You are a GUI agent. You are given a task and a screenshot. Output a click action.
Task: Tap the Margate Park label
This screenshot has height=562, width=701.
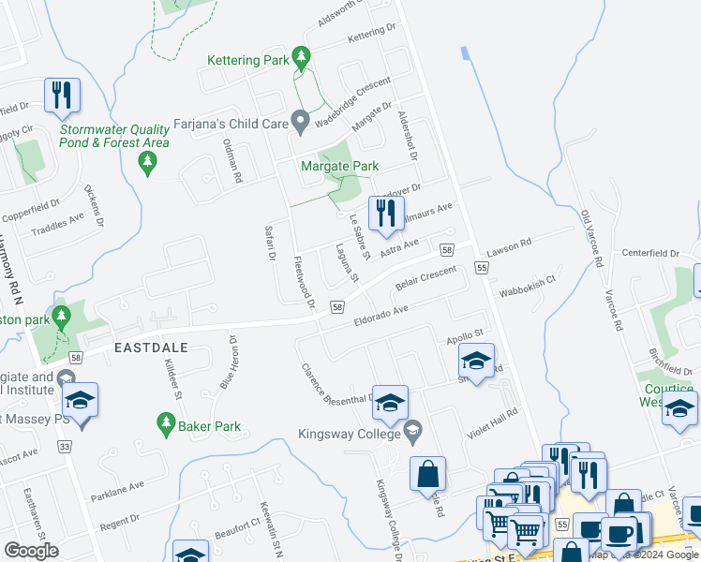click(x=339, y=167)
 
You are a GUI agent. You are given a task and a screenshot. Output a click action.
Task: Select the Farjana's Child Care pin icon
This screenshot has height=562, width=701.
click(x=300, y=123)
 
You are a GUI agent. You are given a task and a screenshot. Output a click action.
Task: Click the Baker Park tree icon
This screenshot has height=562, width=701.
click(x=164, y=426)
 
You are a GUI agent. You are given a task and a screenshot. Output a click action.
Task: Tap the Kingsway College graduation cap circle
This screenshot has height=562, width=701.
click(x=411, y=433)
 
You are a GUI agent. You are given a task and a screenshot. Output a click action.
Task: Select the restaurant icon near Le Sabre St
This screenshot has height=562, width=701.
click(x=384, y=214)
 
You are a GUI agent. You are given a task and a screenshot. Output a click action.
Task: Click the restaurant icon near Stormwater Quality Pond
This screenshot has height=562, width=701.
click(x=62, y=95)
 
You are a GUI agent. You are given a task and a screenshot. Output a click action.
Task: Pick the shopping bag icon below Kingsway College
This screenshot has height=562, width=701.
click(x=427, y=474)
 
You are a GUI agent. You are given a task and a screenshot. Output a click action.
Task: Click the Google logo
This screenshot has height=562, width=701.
click(x=31, y=550)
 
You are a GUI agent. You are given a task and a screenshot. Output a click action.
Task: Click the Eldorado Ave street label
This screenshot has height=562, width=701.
click(x=380, y=315)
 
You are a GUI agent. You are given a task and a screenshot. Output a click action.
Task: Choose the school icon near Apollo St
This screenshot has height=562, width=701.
click(x=476, y=360)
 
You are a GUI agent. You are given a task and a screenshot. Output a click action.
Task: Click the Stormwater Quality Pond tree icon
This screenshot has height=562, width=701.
click(x=146, y=164)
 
